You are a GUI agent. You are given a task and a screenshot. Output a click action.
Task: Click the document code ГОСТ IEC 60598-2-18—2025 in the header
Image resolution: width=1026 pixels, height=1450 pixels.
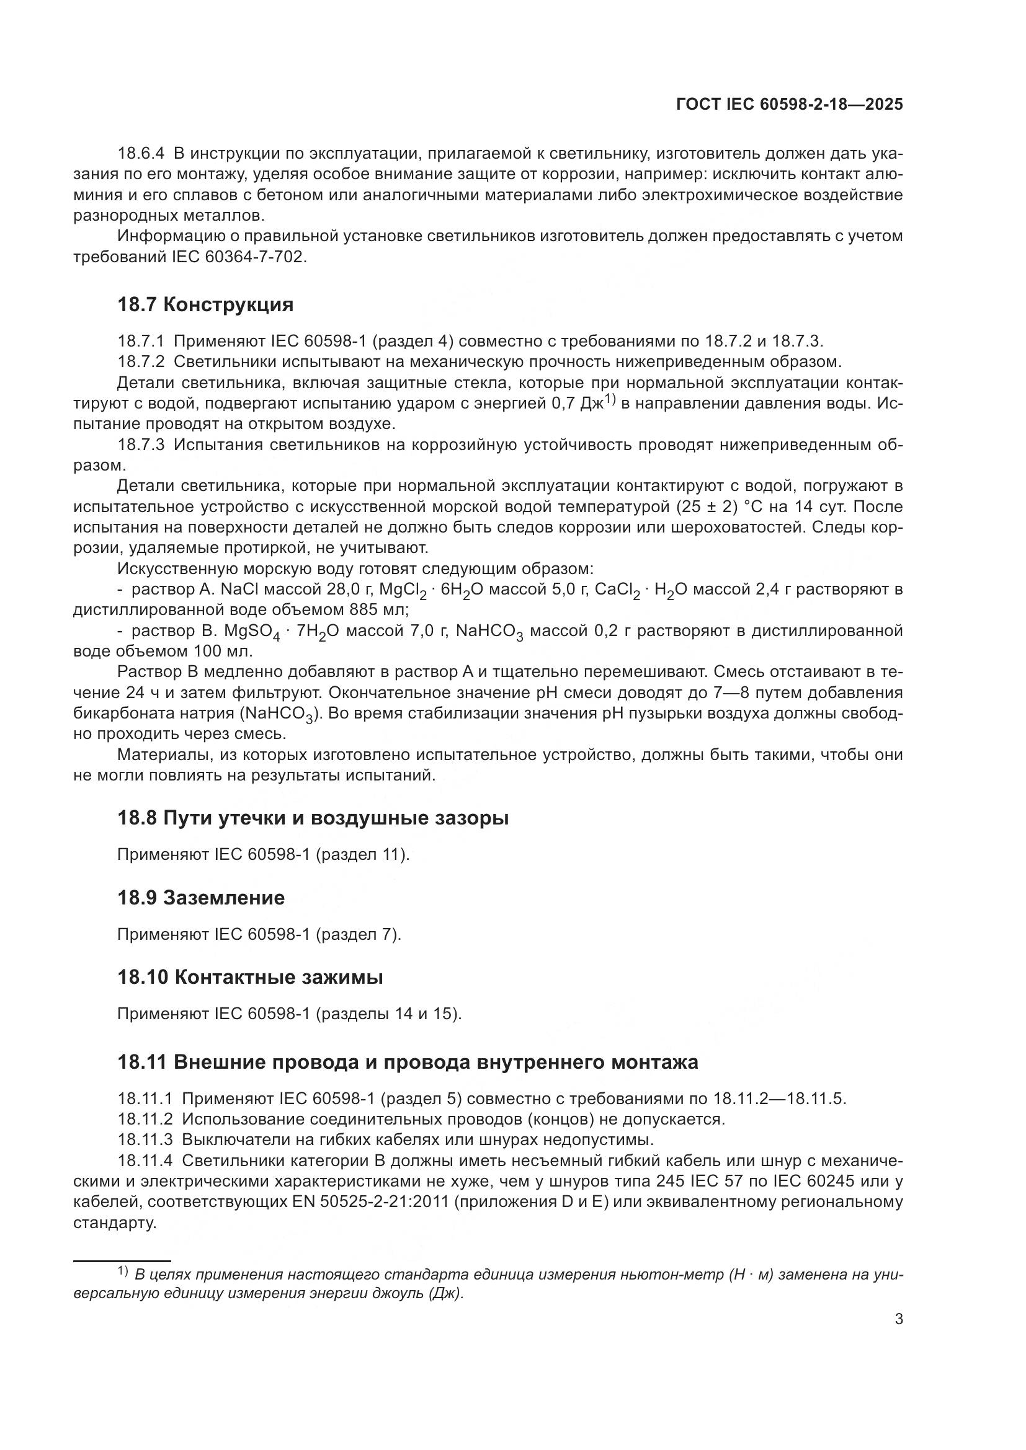click(x=789, y=105)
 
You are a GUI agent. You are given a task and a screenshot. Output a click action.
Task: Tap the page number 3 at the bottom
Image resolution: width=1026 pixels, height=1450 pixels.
click(x=898, y=1319)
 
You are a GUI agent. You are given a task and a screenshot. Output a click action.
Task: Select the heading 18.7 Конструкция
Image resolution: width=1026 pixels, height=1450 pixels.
click(x=205, y=304)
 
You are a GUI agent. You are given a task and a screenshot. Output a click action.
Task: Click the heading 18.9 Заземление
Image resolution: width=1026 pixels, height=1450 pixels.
click(x=201, y=898)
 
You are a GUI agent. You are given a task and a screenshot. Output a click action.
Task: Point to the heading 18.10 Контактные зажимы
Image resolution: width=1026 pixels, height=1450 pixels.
click(x=250, y=978)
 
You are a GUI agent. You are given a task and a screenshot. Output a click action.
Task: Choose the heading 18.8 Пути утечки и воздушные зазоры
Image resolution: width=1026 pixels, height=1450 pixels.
click(x=313, y=818)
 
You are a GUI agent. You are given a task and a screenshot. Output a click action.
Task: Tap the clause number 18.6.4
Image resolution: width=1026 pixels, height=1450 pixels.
click(x=141, y=154)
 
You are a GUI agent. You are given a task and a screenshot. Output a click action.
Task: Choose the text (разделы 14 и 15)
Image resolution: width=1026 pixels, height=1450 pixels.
click(x=388, y=1014)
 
